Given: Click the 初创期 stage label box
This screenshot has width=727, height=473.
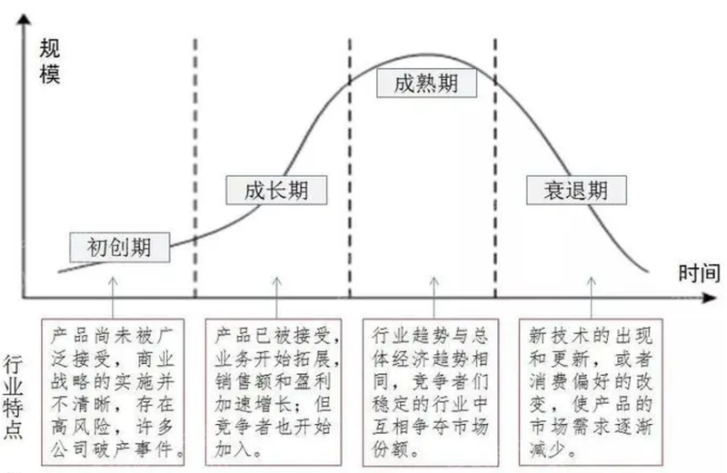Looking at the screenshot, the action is pos(120,247).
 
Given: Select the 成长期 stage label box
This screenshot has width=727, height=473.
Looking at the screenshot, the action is pos(276,190).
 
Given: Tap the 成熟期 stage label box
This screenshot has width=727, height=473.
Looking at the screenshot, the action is pos(426,83).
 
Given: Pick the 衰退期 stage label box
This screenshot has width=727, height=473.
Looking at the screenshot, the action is pos(576,190).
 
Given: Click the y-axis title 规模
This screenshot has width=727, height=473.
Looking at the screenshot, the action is pos(50,61).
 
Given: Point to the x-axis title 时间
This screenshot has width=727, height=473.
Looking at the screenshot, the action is pos(699,273).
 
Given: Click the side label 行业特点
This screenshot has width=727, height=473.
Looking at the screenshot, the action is pos(13,397).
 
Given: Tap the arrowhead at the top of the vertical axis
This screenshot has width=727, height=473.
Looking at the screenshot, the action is pos(24,18).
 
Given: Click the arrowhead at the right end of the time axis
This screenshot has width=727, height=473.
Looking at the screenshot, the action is pos(710,298).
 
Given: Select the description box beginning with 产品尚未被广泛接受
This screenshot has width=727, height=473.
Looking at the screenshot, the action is pos(113,391).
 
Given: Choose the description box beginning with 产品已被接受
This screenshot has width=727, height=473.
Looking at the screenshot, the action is pos(274,391).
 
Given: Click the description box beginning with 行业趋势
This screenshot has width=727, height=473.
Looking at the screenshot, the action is pos(430,391).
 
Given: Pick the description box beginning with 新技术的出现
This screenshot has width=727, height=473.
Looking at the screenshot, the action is pos(591,391).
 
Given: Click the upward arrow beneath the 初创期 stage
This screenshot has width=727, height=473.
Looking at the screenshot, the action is pos(113,298).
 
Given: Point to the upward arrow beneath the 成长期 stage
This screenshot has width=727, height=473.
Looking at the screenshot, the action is pos(276,298).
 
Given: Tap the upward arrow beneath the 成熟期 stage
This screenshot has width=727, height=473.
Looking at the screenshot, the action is pos(434,298).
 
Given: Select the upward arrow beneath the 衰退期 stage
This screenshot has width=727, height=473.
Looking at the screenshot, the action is pos(592,298).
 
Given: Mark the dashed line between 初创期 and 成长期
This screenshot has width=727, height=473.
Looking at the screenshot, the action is pos(195,168).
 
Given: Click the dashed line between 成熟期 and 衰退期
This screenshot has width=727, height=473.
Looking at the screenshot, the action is pos(495,168).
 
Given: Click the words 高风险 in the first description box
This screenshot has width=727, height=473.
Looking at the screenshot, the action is pos(81,427).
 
